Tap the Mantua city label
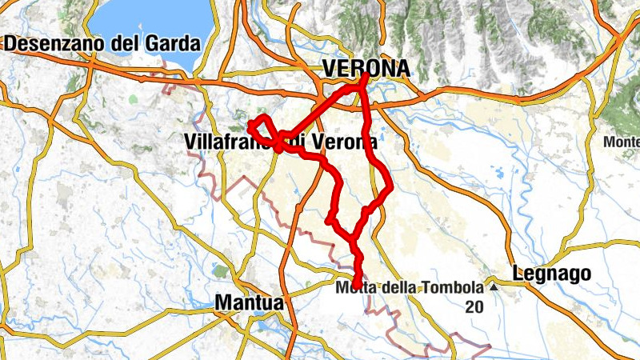pyautogui.click(x=249, y=303)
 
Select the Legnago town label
pyautogui.click(x=552, y=274)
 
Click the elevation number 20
pyautogui.click(x=473, y=306)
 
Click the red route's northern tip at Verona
pyautogui.click(x=365, y=76)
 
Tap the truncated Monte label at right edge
pyautogui.click(x=622, y=142)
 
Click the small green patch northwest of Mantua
pyautogui.click(x=220, y=272)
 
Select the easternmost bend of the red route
pyautogui.click(x=390, y=189)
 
